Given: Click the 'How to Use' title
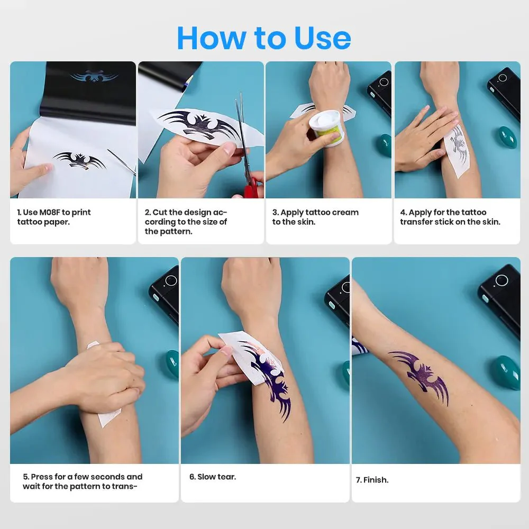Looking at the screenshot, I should click(263, 38).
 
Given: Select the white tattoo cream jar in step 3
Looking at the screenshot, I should click(326, 127).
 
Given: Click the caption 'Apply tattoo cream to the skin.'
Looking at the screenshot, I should click(315, 217).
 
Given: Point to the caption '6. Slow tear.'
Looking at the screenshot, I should click(213, 477).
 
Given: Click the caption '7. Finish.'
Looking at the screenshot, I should click(372, 480).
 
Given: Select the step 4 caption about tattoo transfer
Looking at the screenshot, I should click(450, 217).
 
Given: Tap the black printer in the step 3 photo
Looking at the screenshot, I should click(380, 90).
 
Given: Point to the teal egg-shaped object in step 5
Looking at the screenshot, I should click(172, 364).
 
